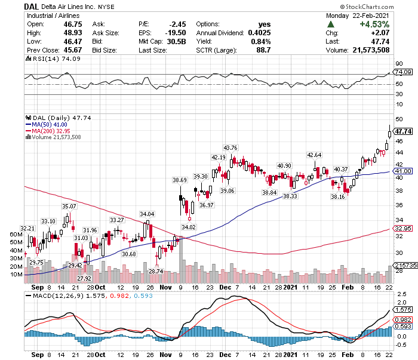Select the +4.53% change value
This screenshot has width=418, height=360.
click(375, 24)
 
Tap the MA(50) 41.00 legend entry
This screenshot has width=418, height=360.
click(48, 124)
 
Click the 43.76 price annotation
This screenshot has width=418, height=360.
click(230, 147)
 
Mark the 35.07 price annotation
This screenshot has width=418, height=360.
click(69, 206)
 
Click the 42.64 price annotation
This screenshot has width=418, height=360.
click(314, 155)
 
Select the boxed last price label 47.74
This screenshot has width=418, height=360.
click(404, 131)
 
